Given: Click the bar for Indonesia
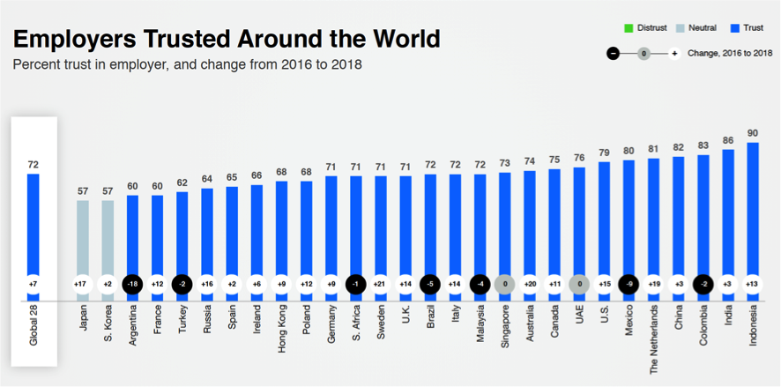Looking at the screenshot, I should coord(753,212).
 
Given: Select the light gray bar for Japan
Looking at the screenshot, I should coord(82,238).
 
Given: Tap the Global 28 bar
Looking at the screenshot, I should coord(33,229).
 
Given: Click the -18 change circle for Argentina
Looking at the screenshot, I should coord(131,285).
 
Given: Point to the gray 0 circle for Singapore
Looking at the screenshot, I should coord(503,285).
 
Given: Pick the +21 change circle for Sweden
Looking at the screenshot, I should coord(379,285).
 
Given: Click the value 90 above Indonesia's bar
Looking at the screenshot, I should coord(753,133).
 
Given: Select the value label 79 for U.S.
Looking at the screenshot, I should coord(604,153).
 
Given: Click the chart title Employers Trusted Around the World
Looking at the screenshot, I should coord(226,39).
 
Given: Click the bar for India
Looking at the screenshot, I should coord(728,216).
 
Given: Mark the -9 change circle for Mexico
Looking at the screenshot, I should coord(628,285).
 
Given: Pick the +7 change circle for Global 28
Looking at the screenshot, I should coord(33,285).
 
